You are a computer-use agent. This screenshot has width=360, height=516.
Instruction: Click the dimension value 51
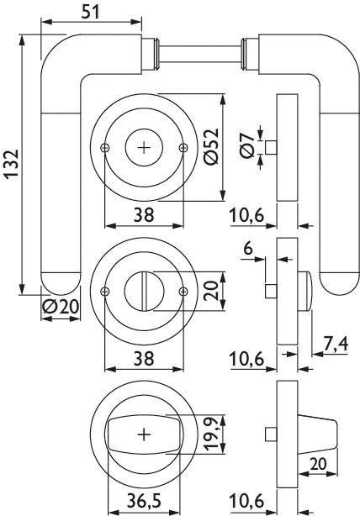(x=90, y=12)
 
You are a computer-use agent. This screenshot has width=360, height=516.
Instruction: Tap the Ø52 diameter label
(x=211, y=146)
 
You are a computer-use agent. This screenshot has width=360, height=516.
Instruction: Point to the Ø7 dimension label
(x=247, y=145)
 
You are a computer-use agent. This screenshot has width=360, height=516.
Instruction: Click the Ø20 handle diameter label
(x=61, y=307)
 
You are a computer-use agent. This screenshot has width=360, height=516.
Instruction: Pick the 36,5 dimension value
(x=145, y=501)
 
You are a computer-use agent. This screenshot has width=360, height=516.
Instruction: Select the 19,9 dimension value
(x=211, y=434)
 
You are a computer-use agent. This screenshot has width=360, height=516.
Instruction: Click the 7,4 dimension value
(x=336, y=345)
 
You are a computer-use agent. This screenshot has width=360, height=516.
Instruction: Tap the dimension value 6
(x=248, y=248)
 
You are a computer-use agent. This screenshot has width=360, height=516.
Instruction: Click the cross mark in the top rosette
(x=144, y=148)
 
